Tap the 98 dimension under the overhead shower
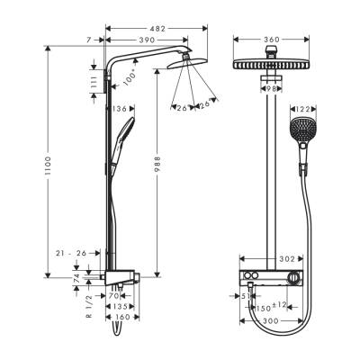[271, 89]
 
